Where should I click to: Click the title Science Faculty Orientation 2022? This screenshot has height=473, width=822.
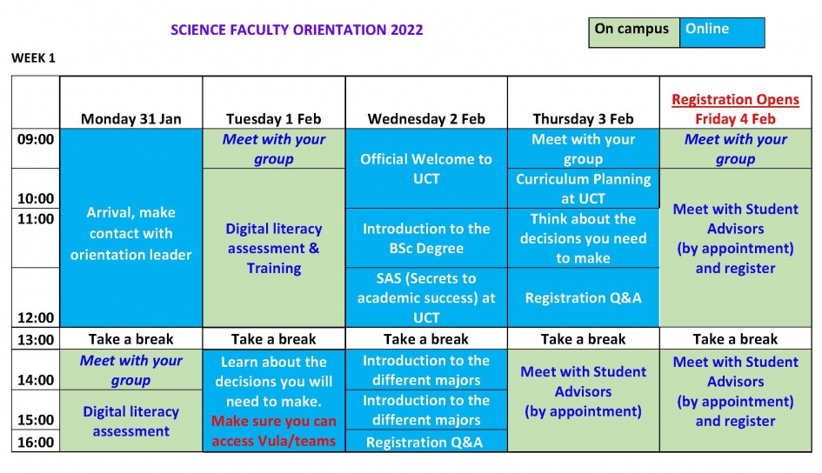pyautogui.click(x=297, y=30)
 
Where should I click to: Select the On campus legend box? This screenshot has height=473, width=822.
pyautogui.click(x=634, y=32)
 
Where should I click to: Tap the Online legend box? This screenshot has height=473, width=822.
pyautogui.click(x=722, y=32)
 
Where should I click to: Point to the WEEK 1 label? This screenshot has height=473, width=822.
pyautogui.click(x=33, y=58)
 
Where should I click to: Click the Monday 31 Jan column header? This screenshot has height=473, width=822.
pyautogui.click(x=131, y=119)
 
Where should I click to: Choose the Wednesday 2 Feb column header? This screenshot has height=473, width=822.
pyautogui.click(x=426, y=119)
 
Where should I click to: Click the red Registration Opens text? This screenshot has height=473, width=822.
pyautogui.click(x=736, y=99)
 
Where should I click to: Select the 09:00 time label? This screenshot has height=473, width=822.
pyautogui.click(x=36, y=139)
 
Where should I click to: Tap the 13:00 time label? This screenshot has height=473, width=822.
pyautogui.click(x=36, y=339)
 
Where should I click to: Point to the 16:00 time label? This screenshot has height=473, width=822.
pyautogui.click(x=36, y=442)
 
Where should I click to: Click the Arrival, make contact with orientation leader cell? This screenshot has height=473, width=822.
pyautogui.click(x=131, y=228)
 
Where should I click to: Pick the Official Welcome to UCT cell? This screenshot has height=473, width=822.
pyautogui.click(x=426, y=169)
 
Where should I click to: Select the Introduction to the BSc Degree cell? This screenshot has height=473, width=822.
pyautogui.click(x=426, y=238)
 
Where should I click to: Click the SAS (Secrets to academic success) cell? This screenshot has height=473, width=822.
pyautogui.click(x=426, y=297)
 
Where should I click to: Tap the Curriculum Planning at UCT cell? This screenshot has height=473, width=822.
pyautogui.click(x=583, y=189)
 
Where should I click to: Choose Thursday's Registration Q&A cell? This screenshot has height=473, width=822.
pyautogui.click(x=583, y=297)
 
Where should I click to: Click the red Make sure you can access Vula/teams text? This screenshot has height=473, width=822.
pyautogui.click(x=274, y=431)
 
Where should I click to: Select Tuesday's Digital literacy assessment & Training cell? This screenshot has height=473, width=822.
pyautogui.click(x=274, y=248)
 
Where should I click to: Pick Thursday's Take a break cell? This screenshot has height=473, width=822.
pyautogui.click(x=583, y=339)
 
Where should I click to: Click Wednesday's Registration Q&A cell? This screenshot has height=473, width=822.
pyautogui.click(x=426, y=441)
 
